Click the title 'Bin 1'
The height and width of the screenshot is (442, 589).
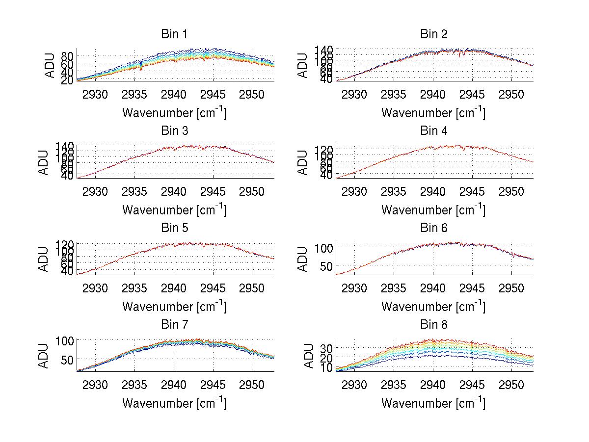click(x=174, y=34)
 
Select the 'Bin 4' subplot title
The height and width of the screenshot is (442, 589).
click(x=434, y=131)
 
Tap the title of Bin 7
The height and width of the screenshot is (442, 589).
click(x=174, y=325)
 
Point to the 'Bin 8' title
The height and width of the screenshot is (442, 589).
click(x=434, y=325)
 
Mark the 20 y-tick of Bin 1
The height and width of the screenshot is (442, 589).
click(x=67, y=80)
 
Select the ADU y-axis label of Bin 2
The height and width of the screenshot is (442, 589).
click(x=303, y=65)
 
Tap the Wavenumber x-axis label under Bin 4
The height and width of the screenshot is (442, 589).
click(x=433, y=209)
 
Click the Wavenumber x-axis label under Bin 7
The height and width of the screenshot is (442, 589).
click(x=174, y=403)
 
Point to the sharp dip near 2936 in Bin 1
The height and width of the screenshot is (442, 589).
click(x=141, y=68)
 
